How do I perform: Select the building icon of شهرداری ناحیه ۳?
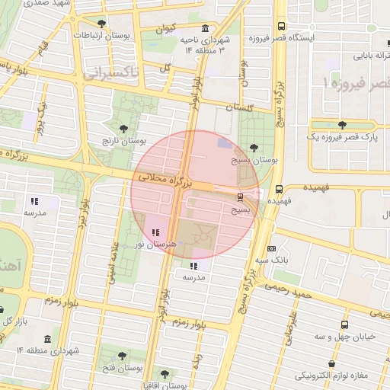(206, 27)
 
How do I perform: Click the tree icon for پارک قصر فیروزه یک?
(340, 125)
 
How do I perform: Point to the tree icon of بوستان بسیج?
(254, 149)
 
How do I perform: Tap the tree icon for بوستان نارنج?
(124, 129)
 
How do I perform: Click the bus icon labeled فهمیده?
(279, 188)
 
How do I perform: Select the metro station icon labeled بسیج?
(241, 197)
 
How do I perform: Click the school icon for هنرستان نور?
(156, 232)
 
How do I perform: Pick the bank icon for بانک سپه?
(272, 249)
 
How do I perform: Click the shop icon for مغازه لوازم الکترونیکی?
(331, 364)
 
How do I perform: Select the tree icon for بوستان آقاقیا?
(165, 374)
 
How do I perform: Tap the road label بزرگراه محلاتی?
(162, 180)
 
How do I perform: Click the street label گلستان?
(234, 109)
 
